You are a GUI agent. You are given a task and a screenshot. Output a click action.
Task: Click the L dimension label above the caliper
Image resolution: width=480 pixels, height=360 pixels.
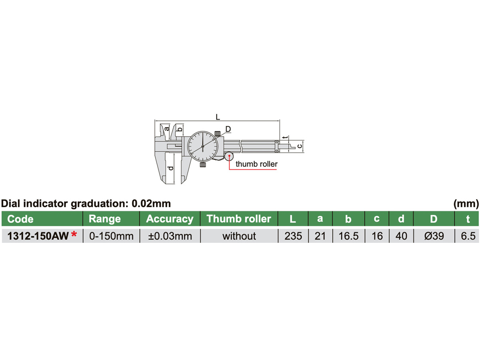coord(217,117)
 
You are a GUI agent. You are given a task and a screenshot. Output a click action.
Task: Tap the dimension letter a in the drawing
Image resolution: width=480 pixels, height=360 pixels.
coord(167,129)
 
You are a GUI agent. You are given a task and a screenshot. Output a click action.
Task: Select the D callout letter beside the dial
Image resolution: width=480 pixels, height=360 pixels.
coord(228,128)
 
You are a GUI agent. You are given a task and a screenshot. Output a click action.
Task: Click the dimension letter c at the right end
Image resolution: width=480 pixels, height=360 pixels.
coord(299,146)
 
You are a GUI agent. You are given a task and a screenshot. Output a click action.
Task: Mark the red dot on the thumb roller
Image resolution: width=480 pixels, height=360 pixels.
coord(229,156)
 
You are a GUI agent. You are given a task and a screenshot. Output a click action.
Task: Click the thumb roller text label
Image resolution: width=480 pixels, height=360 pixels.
coord(256,164)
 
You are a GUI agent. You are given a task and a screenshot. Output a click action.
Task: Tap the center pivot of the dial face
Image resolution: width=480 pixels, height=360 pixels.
coord(203,147)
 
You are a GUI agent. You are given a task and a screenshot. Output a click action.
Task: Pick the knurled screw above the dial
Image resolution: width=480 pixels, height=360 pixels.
coord(218,133)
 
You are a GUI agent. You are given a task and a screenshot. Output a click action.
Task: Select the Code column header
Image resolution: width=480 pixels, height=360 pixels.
coord(21,219)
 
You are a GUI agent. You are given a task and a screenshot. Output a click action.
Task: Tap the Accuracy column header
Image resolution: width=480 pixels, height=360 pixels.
coord(170,219)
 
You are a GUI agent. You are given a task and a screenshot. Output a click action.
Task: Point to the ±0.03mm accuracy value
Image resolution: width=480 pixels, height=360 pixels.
coord(170,236)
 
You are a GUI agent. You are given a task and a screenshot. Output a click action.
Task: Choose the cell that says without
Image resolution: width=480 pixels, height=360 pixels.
coord(239,236)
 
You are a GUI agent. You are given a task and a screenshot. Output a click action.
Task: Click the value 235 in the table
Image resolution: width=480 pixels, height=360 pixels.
coord(293,236)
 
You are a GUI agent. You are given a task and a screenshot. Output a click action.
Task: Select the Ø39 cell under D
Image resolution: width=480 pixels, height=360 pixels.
coord(434,236)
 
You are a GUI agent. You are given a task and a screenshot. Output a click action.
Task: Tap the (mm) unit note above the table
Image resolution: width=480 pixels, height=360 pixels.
coord(466,204)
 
